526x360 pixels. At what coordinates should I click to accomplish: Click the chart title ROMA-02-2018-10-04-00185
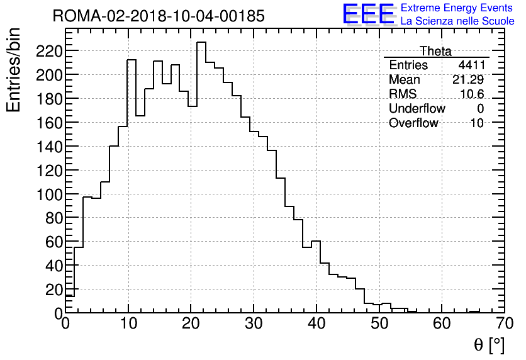159,16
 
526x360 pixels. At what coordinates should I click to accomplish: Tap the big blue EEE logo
368,14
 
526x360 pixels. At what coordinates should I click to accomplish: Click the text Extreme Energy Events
457,8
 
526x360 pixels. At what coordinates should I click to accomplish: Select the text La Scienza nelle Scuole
457,21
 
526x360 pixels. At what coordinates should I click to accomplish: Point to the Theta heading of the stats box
435,51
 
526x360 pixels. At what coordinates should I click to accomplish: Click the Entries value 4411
471,65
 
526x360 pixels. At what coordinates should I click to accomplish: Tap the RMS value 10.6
472,94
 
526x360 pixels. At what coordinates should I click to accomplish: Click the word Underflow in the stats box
417,109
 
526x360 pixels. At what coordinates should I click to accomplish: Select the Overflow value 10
477,123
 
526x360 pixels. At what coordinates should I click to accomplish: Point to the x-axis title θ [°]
488,345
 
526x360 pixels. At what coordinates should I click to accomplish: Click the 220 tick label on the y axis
48,50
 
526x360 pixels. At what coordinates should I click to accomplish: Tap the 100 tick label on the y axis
48,194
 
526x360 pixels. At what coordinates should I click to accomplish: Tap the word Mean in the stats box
404,80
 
